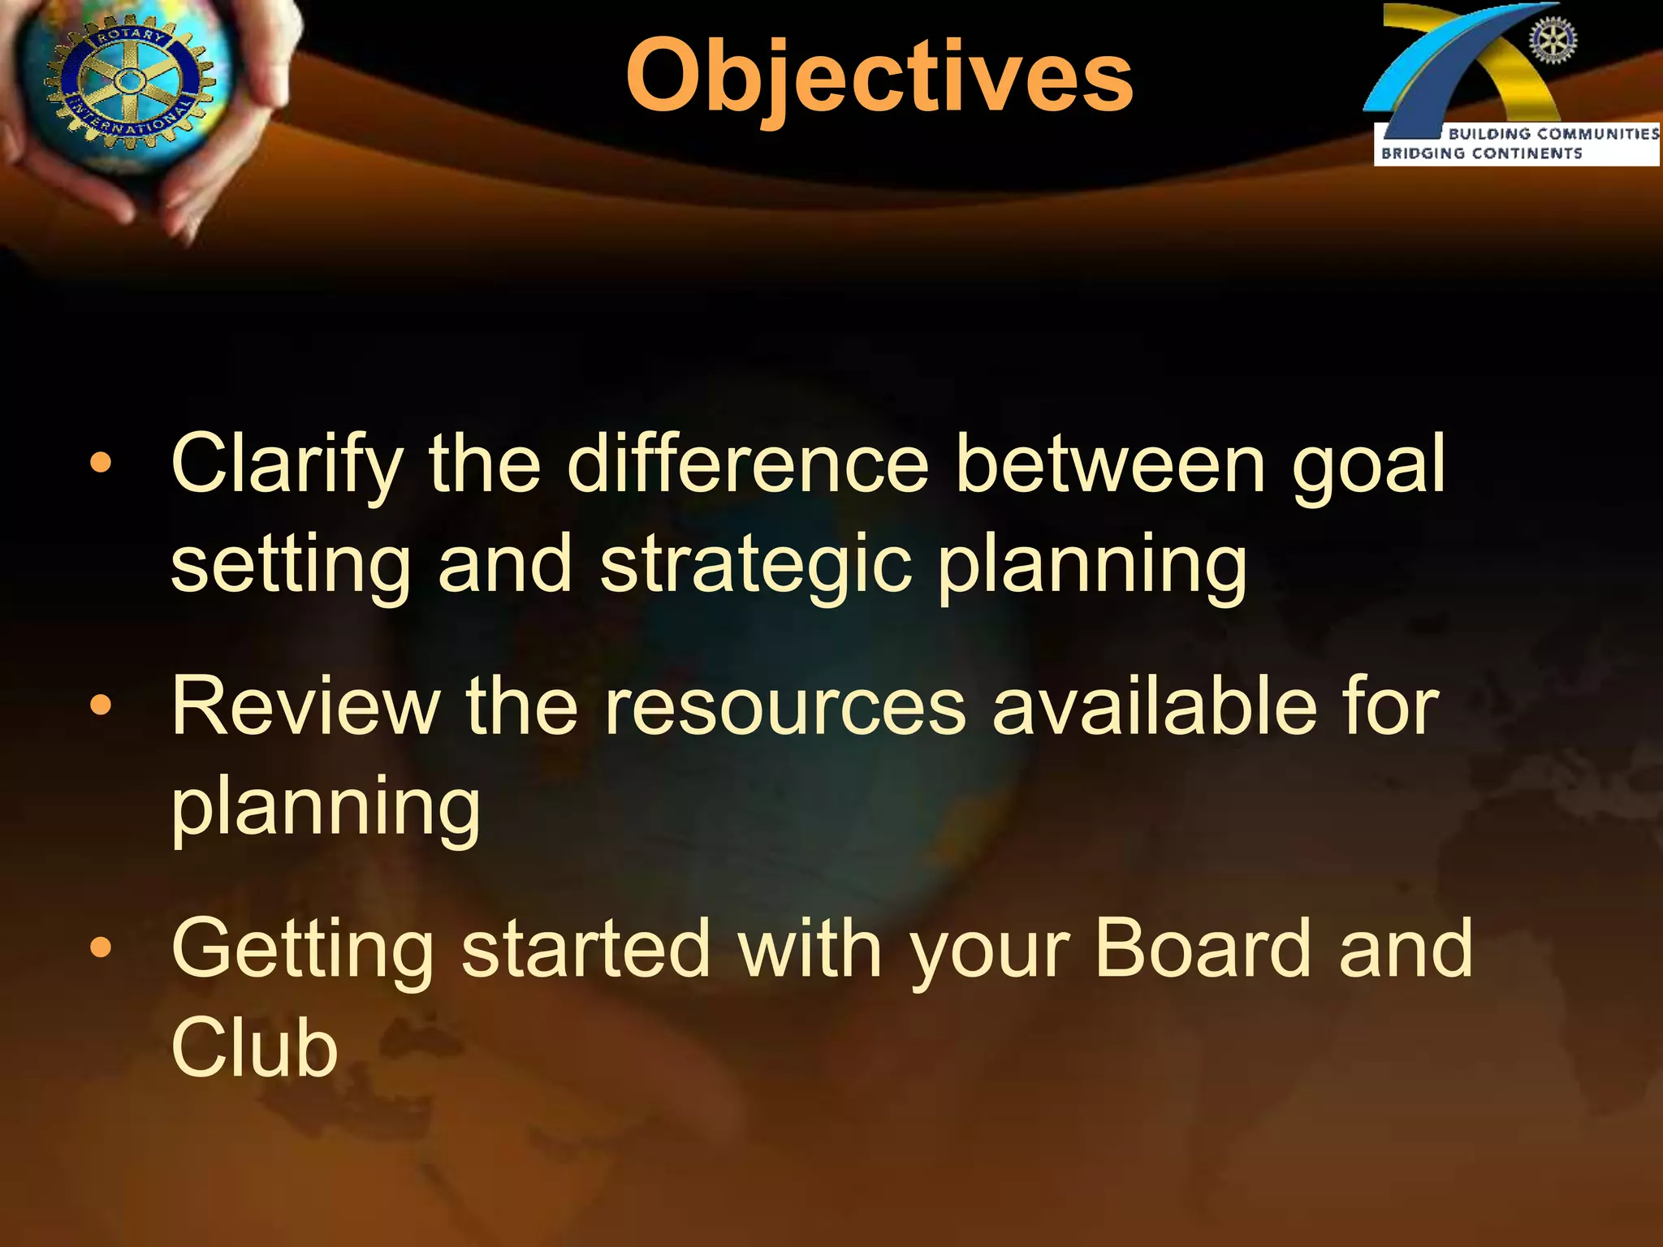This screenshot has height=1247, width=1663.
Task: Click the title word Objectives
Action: pyautogui.click(x=879, y=77)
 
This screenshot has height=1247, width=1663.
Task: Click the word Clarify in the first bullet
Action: pyautogui.click(x=286, y=464)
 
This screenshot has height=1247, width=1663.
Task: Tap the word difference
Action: pyautogui.click(x=747, y=464)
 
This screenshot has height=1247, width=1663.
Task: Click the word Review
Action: pyautogui.click(x=305, y=707)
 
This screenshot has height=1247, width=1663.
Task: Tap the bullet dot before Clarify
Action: pyautogui.click(x=101, y=464)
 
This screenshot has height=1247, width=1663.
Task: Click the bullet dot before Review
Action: pyautogui.click(x=101, y=706)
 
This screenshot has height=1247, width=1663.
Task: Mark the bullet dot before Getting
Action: pyautogui.click(x=101, y=947)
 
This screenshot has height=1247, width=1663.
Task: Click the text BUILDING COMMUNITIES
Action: pyautogui.click(x=1553, y=134)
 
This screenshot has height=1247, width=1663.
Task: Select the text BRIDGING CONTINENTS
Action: pyautogui.click(x=1481, y=153)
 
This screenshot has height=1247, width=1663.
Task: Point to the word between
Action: pyautogui.click(x=1110, y=464)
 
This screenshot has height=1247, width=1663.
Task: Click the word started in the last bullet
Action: pyautogui.click(x=585, y=948)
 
